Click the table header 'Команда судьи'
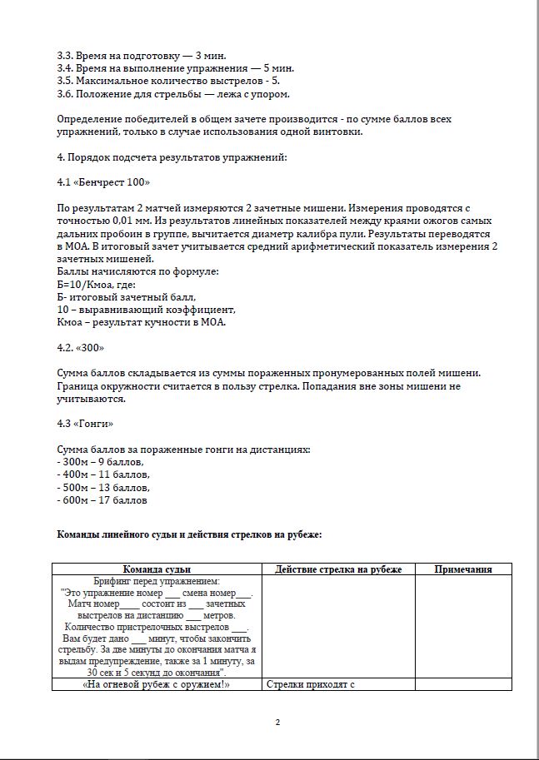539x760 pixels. [157, 569]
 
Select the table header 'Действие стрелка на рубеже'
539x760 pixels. [338, 569]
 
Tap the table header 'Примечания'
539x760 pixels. [463, 569]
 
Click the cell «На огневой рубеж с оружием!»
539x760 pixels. [157, 684]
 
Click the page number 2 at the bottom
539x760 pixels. [277, 721]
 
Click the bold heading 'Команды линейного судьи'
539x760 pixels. [188, 534]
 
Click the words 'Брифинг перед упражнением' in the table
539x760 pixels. [157, 581]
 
